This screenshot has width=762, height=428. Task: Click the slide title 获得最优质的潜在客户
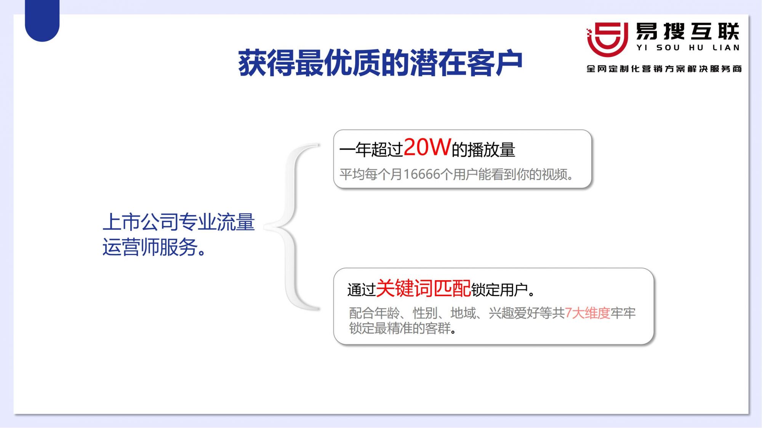(380, 63)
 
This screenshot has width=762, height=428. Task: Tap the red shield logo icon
(607, 39)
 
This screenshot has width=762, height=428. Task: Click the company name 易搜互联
(688, 31)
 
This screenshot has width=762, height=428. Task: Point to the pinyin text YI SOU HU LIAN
(688, 48)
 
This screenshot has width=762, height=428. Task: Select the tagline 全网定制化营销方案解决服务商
(664, 69)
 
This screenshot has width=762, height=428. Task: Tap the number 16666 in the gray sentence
(422, 174)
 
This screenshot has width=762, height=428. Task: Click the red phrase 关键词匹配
(424, 288)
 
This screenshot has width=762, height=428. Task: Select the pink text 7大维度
(588, 313)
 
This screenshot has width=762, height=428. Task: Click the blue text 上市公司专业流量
(179, 222)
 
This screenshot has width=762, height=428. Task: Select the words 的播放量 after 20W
(483, 150)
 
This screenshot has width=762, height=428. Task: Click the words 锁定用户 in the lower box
(499, 290)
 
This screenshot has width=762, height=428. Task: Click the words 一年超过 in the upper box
(371, 150)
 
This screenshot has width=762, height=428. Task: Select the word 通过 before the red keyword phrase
(362, 290)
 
